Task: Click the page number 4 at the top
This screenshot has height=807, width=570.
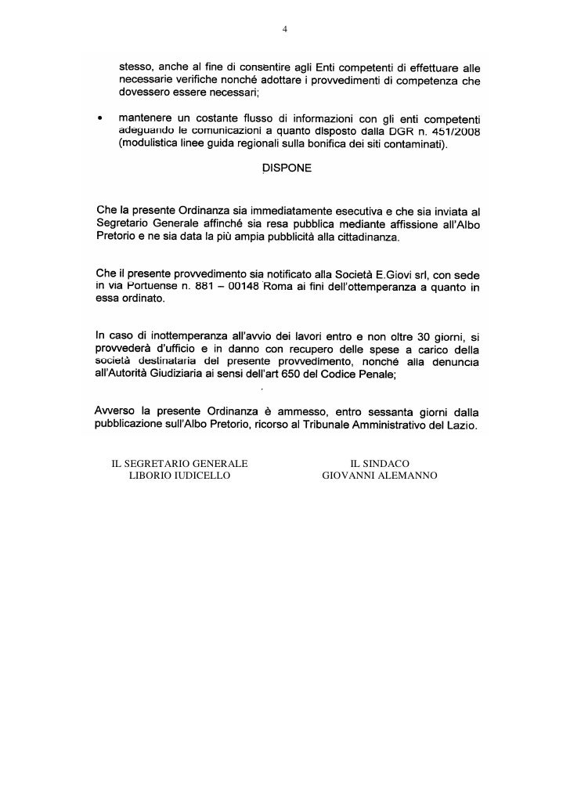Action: (285, 31)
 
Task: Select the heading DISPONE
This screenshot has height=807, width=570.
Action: (285, 167)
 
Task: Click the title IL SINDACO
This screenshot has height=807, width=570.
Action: (380, 462)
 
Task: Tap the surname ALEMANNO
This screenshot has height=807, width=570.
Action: (409, 475)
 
